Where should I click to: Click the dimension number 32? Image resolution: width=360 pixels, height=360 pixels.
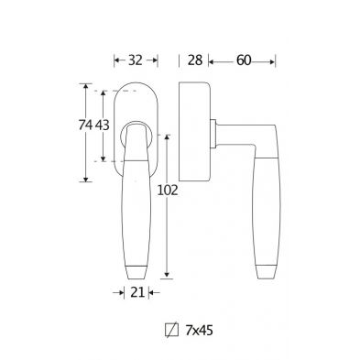(x=136, y=60)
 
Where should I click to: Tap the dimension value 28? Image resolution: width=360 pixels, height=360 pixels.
(x=195, y=60)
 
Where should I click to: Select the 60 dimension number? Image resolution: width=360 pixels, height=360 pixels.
(x=244, y=60)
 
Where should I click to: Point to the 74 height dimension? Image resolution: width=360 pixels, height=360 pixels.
(x=85, y=125)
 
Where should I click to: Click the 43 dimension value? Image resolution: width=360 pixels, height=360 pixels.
(x=102, y=125)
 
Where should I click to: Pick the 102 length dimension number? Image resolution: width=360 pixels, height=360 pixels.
(x=168, y=191)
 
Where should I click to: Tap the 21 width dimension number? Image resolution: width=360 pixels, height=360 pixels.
(x=137, y=293)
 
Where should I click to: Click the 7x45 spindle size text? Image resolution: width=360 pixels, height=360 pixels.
(x=199, y=331)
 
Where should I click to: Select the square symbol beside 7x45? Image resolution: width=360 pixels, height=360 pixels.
(x=171, y=330)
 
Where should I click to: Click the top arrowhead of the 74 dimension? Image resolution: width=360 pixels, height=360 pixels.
(x=86, y=86)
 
